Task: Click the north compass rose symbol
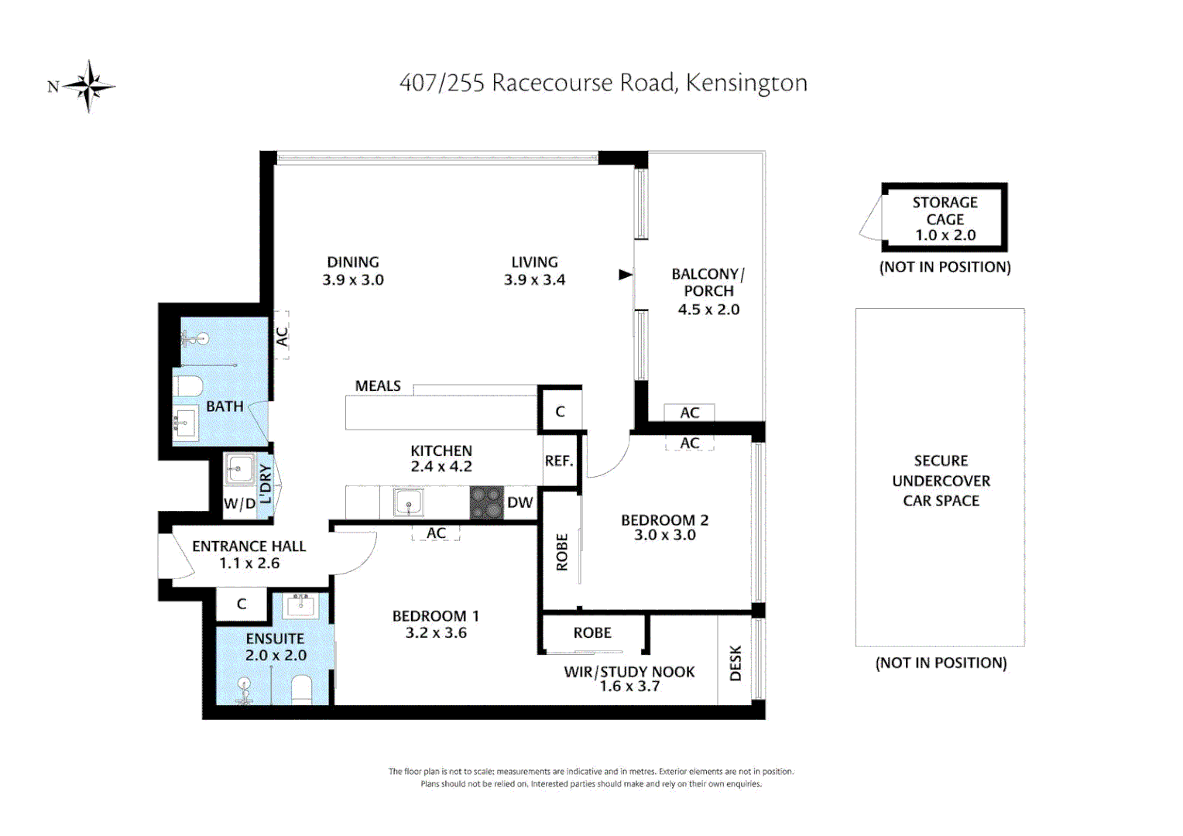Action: pos(89,86)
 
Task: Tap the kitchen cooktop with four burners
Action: pos(486,503)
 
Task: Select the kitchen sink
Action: pos(407,503)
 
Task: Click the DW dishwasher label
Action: pos(519,503)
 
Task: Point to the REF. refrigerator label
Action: pos(558,461)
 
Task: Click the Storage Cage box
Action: pos(945,218)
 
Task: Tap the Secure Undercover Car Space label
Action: pos(941,481)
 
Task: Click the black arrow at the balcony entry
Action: pos(626,275)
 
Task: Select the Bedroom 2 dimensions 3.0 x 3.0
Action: pos(664,535)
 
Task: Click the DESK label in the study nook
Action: pos(736,663)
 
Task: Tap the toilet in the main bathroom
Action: pos(187,385)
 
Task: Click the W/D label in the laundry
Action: pos(239,504)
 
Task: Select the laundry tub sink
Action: pos(239,469)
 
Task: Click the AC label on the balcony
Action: pos(689,413)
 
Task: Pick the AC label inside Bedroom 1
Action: pos(436,533)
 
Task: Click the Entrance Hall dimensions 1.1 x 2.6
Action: pos(249,564)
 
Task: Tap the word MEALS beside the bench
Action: pos(378,386)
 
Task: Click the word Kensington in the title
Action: pos(746,83)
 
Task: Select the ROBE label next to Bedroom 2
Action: pos(562,552)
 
